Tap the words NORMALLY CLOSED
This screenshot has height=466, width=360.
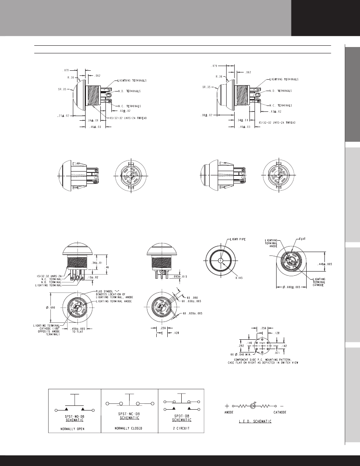(x=129, y=428)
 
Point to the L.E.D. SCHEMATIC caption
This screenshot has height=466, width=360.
(x=253, y=422)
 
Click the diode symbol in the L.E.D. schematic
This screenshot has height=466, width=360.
(x=253, y=405)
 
